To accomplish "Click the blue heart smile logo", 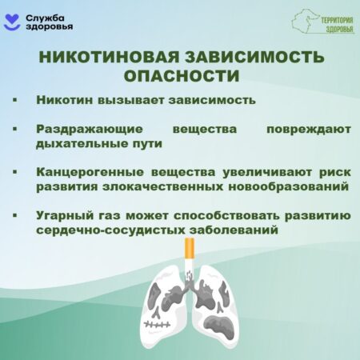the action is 12,22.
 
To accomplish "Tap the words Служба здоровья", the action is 50,22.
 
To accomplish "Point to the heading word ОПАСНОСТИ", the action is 182,76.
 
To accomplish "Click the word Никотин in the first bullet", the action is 65,100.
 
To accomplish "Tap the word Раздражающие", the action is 90,130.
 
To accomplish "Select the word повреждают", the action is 309,130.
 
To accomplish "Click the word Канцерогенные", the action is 90,172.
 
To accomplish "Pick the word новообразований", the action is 289,186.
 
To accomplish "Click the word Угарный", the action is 65,215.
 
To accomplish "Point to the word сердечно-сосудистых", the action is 110,230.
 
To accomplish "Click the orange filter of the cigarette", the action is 190,249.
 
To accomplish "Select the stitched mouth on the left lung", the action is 157,325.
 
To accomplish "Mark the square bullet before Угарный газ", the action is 15,215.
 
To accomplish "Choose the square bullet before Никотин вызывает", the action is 15,100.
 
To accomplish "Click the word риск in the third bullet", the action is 335,173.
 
